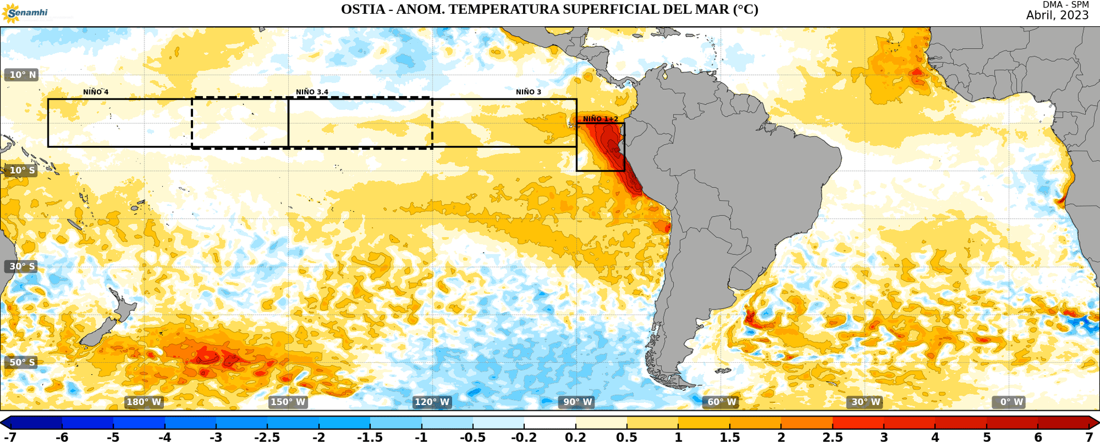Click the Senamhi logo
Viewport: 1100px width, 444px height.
[x=26, y=13]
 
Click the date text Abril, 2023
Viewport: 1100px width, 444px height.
[x=1057, y=15]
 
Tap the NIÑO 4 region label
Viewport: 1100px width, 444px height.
[x=96, y=92]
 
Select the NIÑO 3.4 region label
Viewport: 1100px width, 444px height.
[x=312, y=92]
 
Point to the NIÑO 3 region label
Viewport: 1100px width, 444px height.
[x=528, y=92]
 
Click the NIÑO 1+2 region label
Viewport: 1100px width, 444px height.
[x=600, y=119]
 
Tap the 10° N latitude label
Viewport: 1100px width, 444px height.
[x=22, y=75]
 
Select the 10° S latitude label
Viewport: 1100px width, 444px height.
[x=22, y=171]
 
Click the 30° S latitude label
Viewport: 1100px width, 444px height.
[x=22, y=267]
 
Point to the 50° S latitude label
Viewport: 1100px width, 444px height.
[x=22, y=362]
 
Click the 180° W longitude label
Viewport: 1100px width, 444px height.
[x=144, y=402]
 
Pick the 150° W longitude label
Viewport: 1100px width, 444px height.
[x=288, y=402]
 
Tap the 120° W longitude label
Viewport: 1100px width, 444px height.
[x=432, y=402]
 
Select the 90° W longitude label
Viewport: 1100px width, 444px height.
[x=577, y=402]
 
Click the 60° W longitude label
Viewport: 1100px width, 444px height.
[x=721, y=402]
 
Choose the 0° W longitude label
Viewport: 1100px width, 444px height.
[x=1012, y=402]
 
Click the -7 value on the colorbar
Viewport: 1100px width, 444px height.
[x=10, y=438]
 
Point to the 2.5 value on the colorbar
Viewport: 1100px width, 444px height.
[x=832, y=438]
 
